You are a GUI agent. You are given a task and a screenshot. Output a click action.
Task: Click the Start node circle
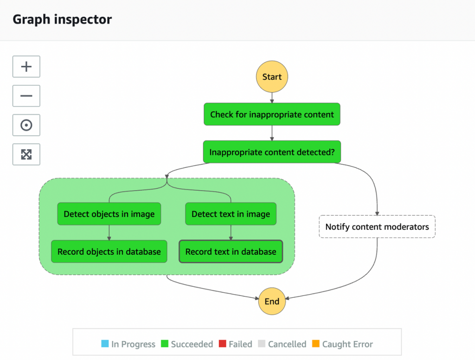(x=272, y=77)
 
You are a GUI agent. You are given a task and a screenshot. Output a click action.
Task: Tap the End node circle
(x=272, y=301)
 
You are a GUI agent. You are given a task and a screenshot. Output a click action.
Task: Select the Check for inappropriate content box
(x=272, y=114)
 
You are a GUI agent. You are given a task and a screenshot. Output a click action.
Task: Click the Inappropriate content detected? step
(x=272, y=152)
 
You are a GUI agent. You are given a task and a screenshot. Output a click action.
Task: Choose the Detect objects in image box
(x=109, y=214)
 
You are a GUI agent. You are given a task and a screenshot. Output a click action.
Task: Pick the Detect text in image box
(x=231, y=214)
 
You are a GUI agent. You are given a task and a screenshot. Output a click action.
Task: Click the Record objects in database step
(x=109, y=252)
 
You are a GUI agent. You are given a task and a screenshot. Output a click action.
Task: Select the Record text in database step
(x=231, y=252)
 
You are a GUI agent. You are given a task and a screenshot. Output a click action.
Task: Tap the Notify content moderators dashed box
(x=377, y=227)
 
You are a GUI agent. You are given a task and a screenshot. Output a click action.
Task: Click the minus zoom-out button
(x=26, y=96)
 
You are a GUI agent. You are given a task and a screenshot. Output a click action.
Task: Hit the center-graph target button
(x=26, y=125)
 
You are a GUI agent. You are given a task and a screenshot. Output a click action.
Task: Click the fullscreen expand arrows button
(x=26, y=154)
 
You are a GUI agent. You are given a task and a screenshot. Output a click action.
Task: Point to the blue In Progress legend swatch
(x=105, y=344)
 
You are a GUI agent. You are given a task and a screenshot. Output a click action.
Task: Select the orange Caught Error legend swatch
(x=316, y=344)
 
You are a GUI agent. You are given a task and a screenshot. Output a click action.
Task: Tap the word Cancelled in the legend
(x=287, y=344)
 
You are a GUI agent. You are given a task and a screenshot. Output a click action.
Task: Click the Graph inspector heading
(x=62, y=20)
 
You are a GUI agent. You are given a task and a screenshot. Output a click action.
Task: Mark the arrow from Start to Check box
(x=272, y=97)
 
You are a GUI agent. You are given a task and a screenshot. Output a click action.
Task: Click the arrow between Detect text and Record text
(x=231, y=232)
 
